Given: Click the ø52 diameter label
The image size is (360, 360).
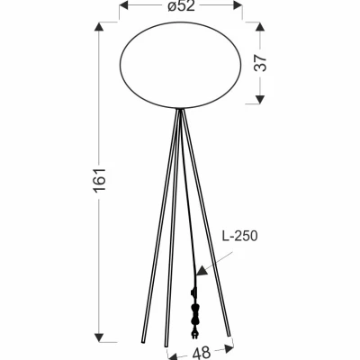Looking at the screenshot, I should (180, 8).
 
